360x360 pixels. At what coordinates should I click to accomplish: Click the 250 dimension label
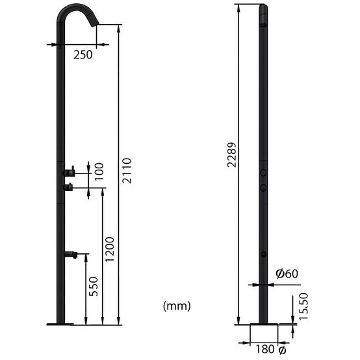83,55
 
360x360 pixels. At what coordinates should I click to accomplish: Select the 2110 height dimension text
127,170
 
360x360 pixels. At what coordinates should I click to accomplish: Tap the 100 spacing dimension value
99,172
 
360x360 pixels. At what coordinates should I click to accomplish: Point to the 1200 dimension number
109,249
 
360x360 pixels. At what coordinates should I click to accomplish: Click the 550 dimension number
94,287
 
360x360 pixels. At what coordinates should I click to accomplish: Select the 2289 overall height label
231,155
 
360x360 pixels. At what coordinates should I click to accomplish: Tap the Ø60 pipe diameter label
287,274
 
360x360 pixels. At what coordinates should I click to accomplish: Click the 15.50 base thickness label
303,306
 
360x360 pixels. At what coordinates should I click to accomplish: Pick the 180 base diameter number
265,349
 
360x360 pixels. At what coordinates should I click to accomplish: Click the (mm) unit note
177,306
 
